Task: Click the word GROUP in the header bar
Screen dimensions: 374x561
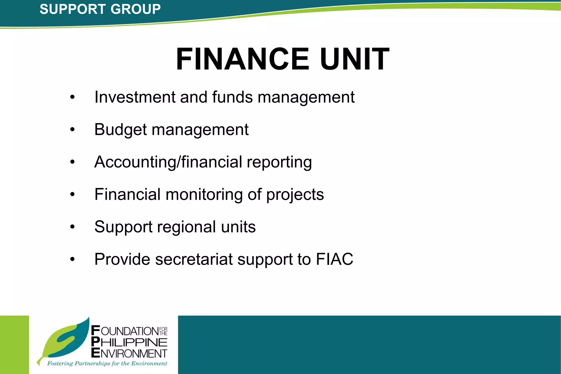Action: coord(136,9)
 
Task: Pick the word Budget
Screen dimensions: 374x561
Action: coord(121,130)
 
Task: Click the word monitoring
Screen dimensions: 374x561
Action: coord(204,195)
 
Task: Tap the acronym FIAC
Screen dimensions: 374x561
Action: coord(334,259)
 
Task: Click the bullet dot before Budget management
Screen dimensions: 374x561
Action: coord(72,129)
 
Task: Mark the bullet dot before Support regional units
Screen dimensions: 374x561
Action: coord(72,227)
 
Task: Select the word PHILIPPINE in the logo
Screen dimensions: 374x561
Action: coord(129,342)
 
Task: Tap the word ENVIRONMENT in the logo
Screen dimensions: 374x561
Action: coord(129,353)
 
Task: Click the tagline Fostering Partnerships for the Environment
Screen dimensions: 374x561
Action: coord(107,364)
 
